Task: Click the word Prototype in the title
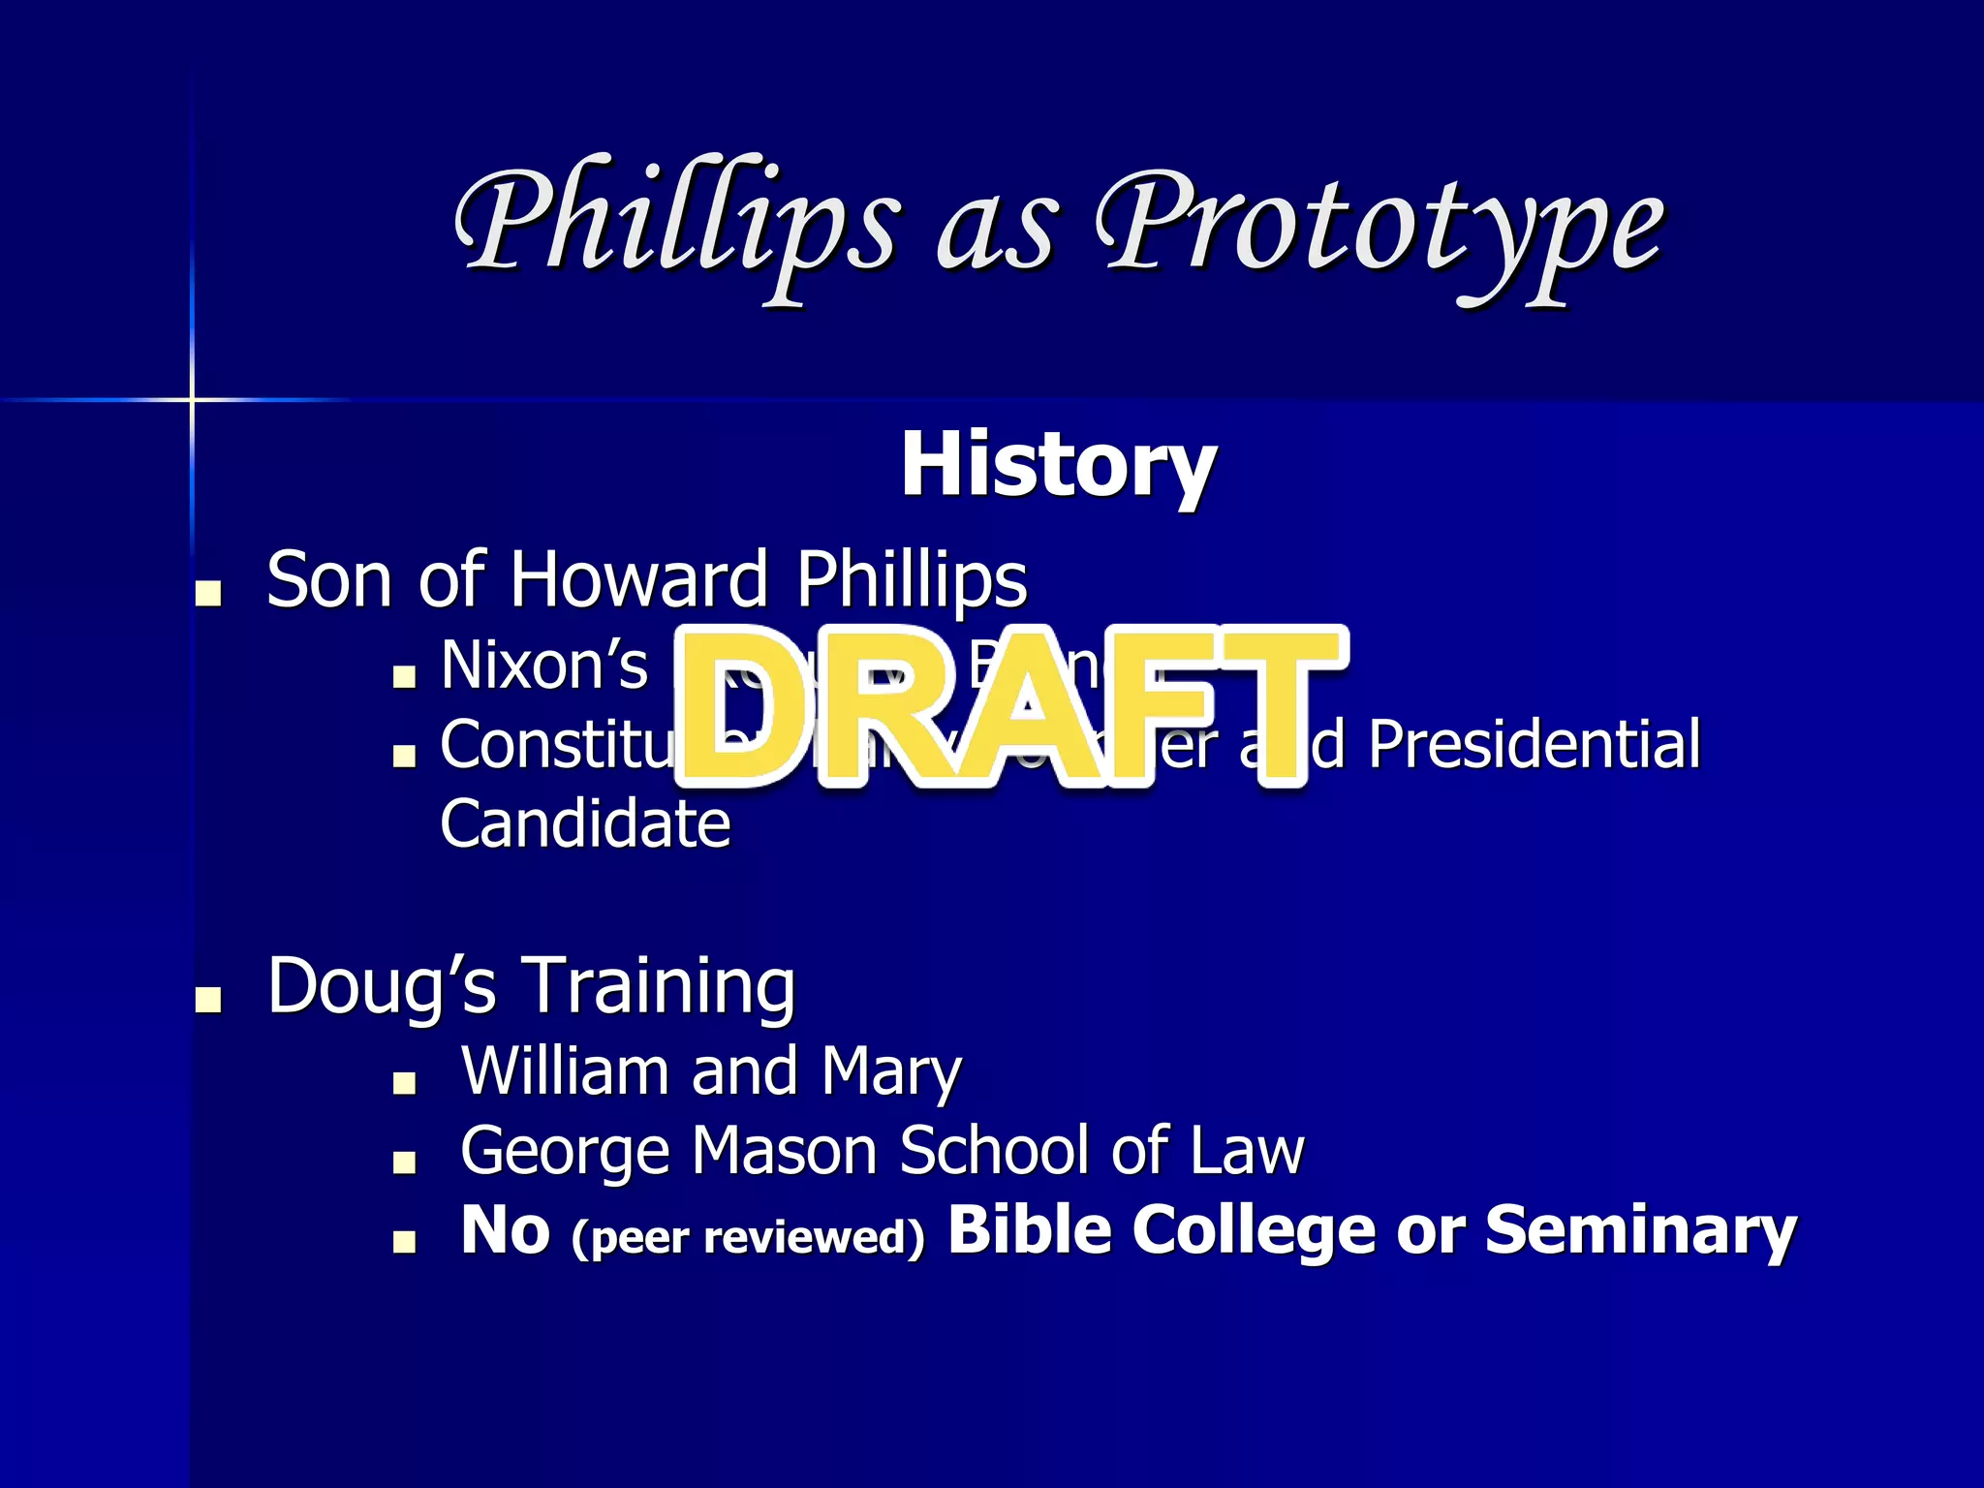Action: pyautogui.click(x=1380, y=228)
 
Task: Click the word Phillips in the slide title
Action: pyautogui.click(x=678, y=223)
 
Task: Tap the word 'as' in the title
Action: pyautogui.click(x=996, y=237)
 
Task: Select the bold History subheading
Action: pyautogui.click(x=1058, y=466)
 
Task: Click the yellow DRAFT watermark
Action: pyautogui.click(x=1007, y=707)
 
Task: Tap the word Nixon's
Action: pyautogui.click(x=543, y=666)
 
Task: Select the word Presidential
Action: pyautogui.click(x=1534, y=744)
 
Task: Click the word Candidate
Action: pyautogui.click(x=585, y=823)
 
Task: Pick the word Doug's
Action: pyautogui.click(x=382, y=986)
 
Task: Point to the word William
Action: pyautogui.click(x=564, y=1070)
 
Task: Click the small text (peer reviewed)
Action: pyautogui.click(x=748, y=1237)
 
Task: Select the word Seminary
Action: pyautogui.click(x=1640, y=1230)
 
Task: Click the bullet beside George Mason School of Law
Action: pyautogui.click(x=404, y=1162)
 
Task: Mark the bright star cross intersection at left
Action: pyautogui.click(x=192, y=399)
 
